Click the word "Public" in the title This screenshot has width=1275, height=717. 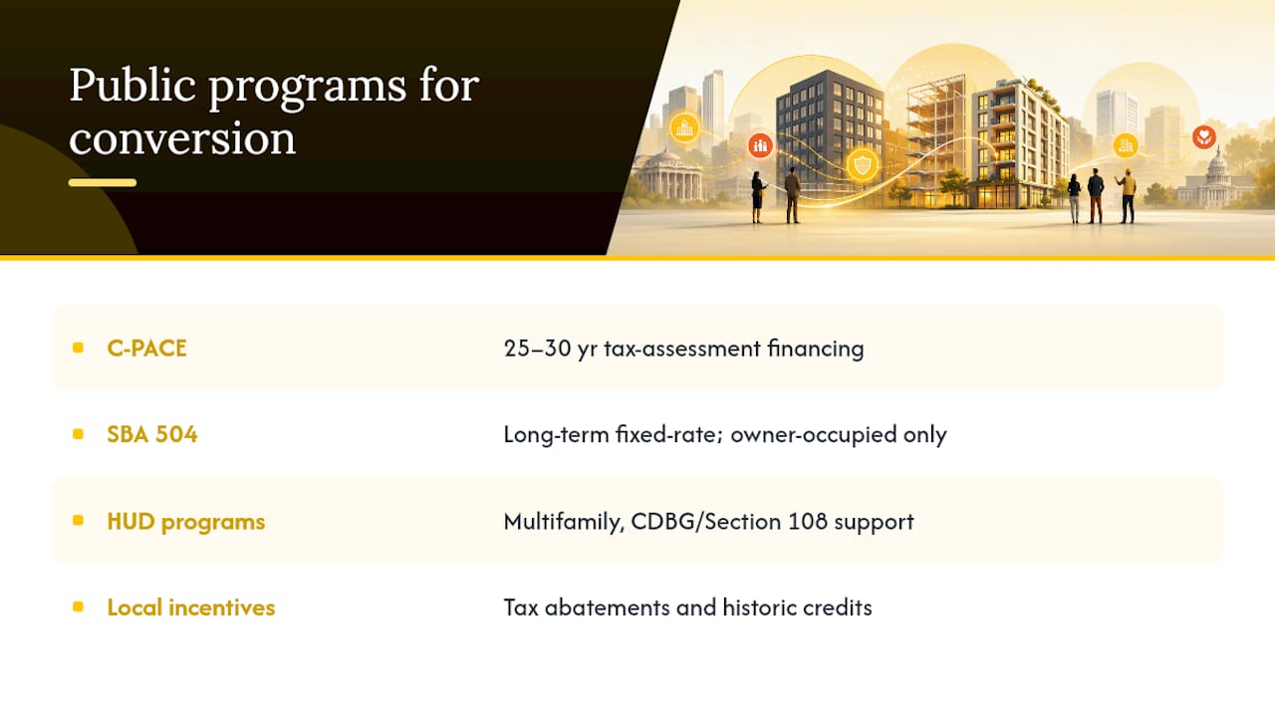click(133, 87)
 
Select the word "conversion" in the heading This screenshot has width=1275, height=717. click(182, 138)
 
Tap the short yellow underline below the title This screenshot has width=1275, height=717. click(103, 182)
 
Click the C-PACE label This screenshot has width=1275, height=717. click(146, 349)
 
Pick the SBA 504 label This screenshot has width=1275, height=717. click(152, 435)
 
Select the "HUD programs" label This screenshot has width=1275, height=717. click(186, 522)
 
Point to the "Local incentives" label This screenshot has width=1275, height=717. click(190, 607)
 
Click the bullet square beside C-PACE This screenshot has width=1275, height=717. click(78, 348)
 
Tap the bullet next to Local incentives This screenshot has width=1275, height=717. click(78, 606)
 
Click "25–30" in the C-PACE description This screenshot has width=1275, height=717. click(537, 349)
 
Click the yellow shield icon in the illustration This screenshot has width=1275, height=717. click(863, 165)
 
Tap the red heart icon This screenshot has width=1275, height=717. click(1204, 136)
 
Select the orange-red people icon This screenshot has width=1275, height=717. click(760, 146)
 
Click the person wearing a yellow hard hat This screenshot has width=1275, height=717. click(1127, 195)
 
